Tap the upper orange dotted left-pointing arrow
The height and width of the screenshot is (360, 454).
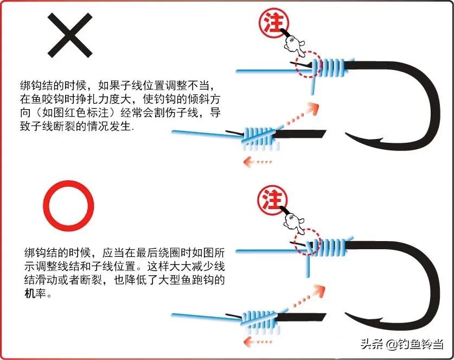[258, 161]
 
